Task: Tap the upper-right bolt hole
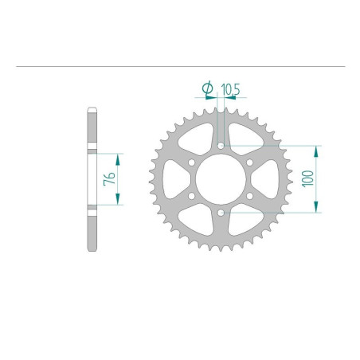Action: (248, 162)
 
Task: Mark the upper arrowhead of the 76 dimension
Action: (119, 155)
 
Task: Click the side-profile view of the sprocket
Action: (92, 178)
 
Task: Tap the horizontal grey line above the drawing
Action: (180, 65)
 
